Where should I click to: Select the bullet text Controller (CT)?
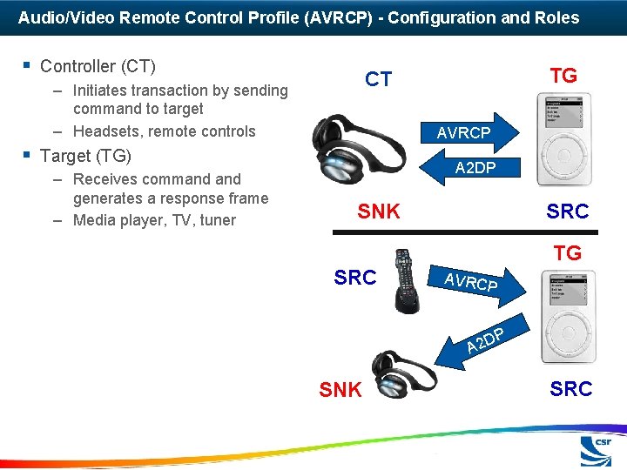(x=98, y=66)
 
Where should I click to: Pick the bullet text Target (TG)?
(x=85, y=156)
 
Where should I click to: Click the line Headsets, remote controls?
(x=165, y=131)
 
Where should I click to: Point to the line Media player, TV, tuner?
(x=154, y=220)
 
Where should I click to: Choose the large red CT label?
(x=378, y=79)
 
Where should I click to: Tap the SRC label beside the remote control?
(x=355, y=278)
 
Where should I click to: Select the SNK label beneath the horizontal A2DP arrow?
(x=379, y=211)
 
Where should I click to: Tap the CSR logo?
(x=598, y=451)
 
